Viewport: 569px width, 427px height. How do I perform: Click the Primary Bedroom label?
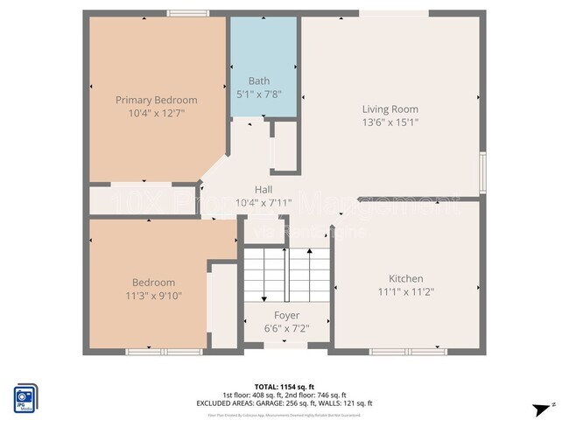click(157, 100)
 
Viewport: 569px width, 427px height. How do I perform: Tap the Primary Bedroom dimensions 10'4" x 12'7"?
click(157, 113)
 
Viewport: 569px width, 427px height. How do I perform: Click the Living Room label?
click(390, 109)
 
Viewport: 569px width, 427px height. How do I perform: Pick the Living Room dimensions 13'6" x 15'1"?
click(390, 122)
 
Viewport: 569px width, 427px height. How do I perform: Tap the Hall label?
click(263, 190)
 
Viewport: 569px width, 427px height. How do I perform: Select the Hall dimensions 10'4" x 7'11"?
click(263, 203)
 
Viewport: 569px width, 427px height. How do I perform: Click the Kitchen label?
click(406, 278)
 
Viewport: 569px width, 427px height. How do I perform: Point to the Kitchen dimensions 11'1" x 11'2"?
click(406, 291)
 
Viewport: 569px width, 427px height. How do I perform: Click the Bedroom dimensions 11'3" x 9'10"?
click(153, 295)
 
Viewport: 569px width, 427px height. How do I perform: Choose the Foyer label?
click(286, 315)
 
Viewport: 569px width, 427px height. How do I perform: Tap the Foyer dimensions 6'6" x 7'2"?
click(286, 328)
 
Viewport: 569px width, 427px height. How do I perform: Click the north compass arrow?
click(544, 409)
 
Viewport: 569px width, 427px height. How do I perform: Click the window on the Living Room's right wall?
click(482, 166)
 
